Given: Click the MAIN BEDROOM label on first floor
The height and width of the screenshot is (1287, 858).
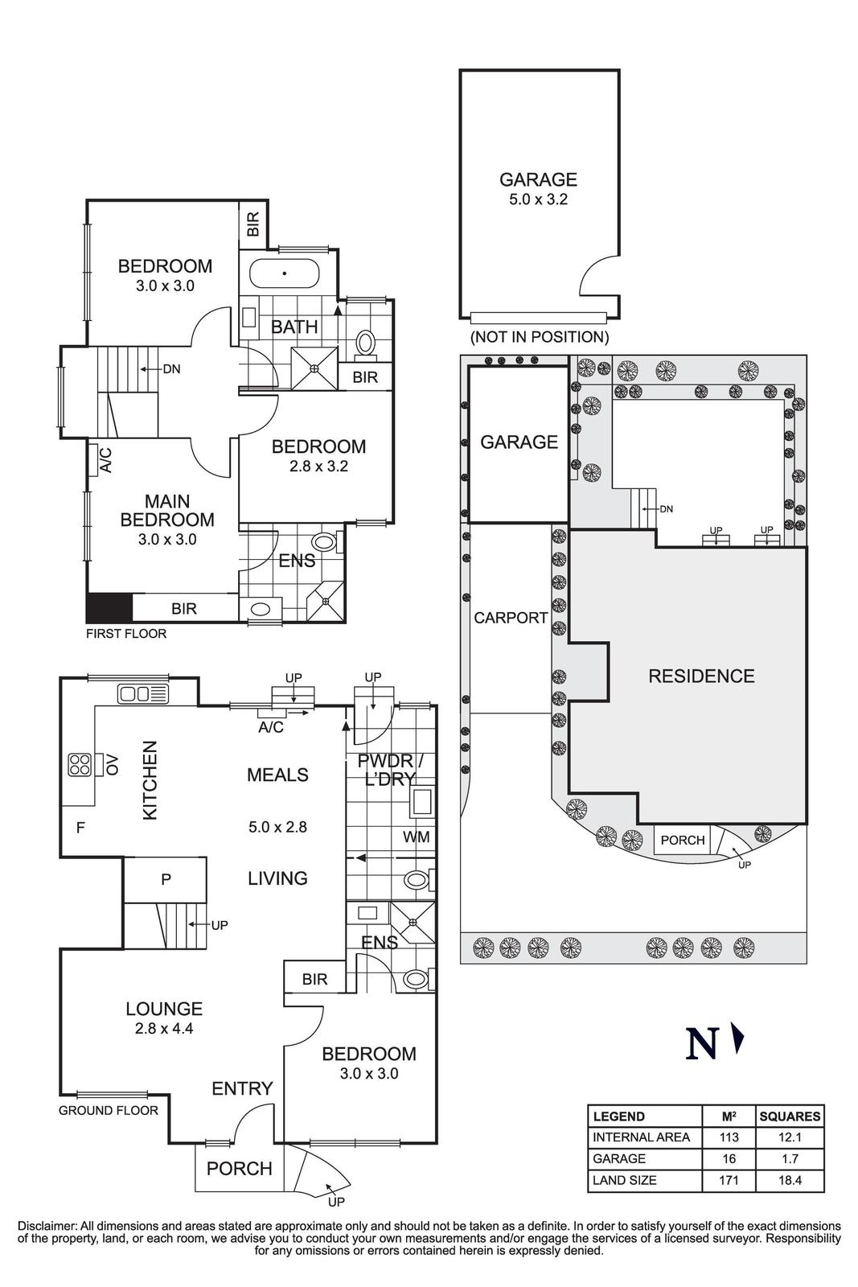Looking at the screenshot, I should [167, 511].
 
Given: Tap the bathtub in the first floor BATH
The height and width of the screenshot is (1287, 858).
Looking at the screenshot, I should [285, 273].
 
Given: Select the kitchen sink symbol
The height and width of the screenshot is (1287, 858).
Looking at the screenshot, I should [143, 693].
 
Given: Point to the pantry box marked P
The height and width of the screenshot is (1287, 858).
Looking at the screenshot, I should [166, 879].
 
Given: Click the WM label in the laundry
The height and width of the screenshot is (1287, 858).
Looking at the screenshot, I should [416, 837].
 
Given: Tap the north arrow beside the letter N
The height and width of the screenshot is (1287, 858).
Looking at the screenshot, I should [738, 1039].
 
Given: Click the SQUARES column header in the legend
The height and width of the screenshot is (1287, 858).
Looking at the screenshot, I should [790, 1116].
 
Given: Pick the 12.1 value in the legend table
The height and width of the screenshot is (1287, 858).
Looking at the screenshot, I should [790, 1137].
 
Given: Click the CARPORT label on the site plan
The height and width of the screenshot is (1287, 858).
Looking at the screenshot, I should [511, 618].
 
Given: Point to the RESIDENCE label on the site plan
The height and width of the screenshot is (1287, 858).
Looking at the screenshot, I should [701, 676].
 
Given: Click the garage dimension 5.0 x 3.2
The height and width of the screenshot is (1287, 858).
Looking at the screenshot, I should [538, 199].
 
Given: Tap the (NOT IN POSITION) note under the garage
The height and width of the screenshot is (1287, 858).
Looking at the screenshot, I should [539, 337].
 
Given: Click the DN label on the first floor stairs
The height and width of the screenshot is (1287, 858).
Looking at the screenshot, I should [171, 369].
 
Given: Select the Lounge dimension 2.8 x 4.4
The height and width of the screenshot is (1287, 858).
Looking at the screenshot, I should [164, 1027].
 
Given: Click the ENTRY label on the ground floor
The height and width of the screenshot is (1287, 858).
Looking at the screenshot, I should [242, 1088].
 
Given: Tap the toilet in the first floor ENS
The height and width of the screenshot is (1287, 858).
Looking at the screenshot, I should [325, 541].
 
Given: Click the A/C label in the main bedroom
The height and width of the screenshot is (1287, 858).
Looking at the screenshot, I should [105, 459].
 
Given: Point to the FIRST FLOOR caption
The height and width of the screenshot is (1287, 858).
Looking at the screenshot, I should [126, 634].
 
